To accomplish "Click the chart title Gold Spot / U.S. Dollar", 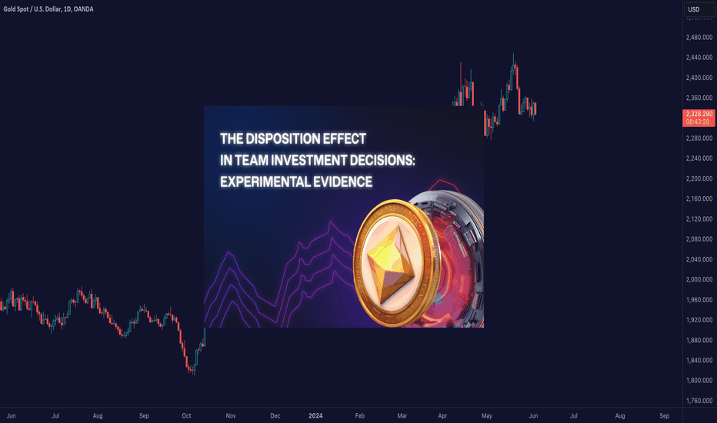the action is (x=32, y=9).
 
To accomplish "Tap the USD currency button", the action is (x=699, y=9).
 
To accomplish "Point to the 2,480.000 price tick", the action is (x=699, y=38).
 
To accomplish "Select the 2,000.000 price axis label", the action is (x=699, y=279).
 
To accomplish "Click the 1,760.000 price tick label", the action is (x=699, y=401).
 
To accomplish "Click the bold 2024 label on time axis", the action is (x=315, y=415).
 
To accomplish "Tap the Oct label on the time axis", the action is (x=187, y=415).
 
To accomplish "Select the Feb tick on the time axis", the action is (x=360, y=415).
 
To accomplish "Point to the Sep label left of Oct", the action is (x=144, y=415).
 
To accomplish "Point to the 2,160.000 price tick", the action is (x=699, y=199).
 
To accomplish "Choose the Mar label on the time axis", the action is (x=402, y=415).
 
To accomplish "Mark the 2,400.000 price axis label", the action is (x=699, y=78).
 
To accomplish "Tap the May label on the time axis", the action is (x=486, y=415).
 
